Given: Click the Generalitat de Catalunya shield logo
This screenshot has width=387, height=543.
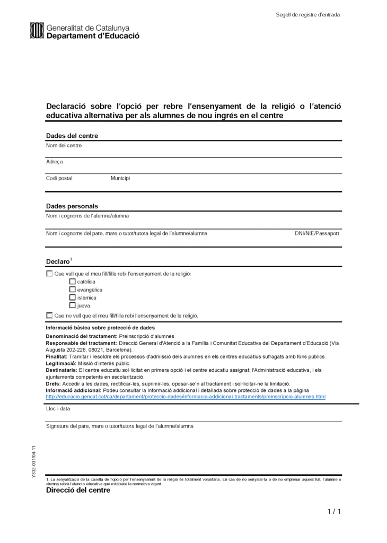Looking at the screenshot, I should click(37, 31).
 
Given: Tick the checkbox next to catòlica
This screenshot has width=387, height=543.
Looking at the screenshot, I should click(73, 282).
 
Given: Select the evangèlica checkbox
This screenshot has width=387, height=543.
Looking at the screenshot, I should click(73, 290).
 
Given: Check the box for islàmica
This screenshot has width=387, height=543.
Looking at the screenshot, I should click(73, 297).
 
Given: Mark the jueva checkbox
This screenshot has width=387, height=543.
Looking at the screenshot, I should click(73, 305).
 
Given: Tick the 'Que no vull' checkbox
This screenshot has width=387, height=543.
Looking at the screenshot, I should click(49, 315).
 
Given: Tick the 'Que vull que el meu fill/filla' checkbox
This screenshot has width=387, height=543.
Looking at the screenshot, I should click(49, 274).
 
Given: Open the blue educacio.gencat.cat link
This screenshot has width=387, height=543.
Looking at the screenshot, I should click(186, 396).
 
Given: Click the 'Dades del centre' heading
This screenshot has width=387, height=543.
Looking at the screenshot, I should click(72, 136).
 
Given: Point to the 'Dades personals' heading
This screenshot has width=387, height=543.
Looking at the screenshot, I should click(72, 206).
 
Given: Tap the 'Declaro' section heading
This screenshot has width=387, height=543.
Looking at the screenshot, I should click(58, 261).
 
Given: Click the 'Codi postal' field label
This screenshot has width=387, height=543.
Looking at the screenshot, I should click(59, 178).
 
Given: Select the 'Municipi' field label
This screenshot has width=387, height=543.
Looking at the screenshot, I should click(120, 178).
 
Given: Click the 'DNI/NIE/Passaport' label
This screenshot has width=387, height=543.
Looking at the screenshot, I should click(317, 233).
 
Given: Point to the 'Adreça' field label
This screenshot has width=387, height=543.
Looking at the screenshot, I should click(55, 162).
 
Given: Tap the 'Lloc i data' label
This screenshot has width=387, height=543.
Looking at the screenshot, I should click(58, 408).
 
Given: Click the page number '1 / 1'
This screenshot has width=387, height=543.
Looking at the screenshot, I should click(333, 511).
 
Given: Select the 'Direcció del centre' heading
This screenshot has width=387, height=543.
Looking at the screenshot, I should click(78, 491).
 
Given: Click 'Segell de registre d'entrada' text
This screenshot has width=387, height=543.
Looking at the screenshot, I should click(308, 14).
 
